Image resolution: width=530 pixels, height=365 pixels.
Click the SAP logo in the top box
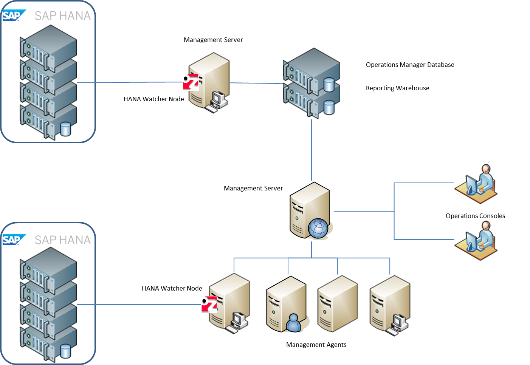[13, 15]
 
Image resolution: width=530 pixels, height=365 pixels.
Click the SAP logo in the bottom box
[13, 240]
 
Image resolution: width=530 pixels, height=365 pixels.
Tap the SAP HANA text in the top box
[63, 16]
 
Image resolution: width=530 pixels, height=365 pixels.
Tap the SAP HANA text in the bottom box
[63, 240]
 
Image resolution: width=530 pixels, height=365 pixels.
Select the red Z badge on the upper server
[191, 82]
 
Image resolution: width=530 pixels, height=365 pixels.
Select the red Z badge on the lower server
[209, 305]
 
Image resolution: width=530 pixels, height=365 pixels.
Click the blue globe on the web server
[318, 229]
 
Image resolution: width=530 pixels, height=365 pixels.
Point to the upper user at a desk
[476, 183]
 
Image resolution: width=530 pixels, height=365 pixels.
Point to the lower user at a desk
[476, 239]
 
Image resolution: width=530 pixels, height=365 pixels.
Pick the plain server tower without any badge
[337, 304]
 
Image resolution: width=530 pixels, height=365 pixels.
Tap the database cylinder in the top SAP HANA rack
[66, 129]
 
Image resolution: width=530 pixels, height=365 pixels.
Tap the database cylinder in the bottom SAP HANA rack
[66, 351]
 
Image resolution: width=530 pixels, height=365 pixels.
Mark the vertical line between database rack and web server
[311, 151]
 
